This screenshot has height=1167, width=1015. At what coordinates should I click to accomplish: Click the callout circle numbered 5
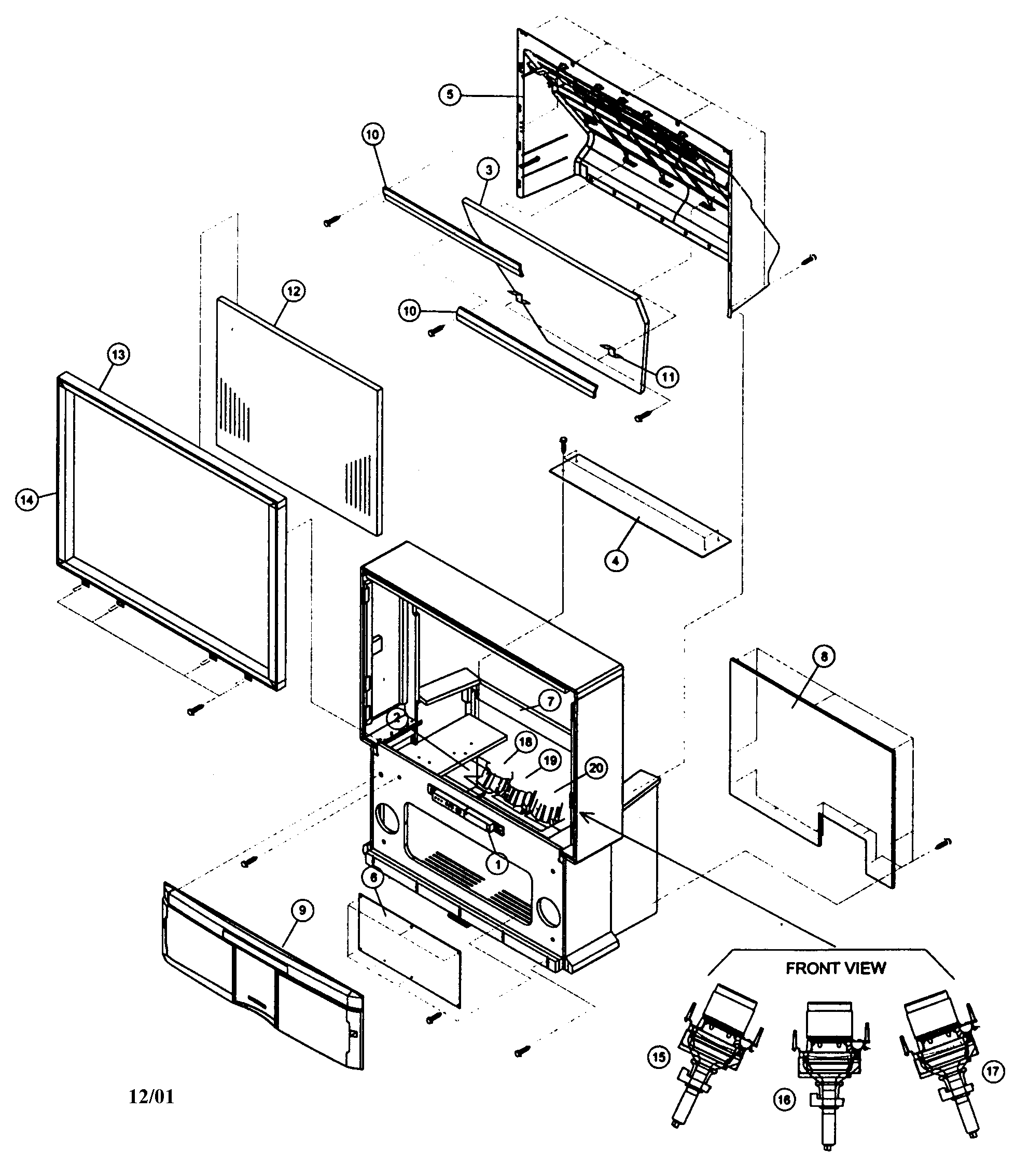coord(450,94)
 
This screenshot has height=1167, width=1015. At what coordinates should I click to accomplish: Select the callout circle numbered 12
coord(294,291)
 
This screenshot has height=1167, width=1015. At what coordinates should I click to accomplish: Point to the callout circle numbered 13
coord(118,355)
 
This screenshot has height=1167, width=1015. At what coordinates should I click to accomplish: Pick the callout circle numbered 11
coord(668,377)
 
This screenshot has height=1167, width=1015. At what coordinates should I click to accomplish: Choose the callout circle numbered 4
coord(616,560)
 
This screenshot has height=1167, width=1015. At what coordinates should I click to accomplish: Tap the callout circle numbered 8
coord(824,657)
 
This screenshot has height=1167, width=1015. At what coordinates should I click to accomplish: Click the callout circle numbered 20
coord(596,768)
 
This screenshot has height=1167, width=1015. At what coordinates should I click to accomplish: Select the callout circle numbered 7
coord(549,701)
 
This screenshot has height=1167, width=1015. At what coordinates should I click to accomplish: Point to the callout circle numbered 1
coord(498,864)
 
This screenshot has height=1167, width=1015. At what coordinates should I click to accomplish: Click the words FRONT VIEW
coord(836,968)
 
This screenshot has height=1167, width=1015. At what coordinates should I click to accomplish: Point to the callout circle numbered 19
coord(550,760)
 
